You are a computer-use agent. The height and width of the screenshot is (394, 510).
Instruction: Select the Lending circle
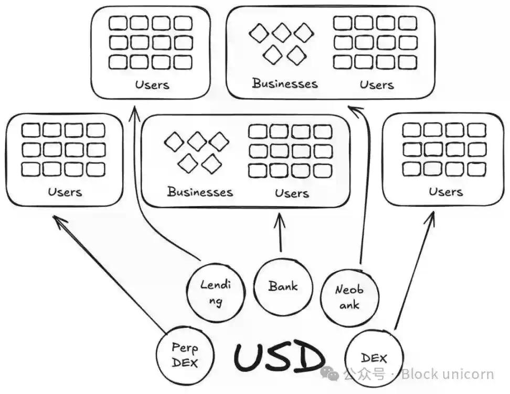click(216, 293)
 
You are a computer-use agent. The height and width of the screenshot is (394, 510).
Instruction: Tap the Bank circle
click(283, 287)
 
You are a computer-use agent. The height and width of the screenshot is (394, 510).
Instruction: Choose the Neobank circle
click(349, 296)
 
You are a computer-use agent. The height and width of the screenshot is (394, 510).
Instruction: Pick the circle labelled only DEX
click(374, 358)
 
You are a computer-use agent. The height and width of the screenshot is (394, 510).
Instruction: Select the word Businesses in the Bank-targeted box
click(200, 192)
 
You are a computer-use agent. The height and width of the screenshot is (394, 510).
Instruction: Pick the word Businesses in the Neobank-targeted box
click(285, 83)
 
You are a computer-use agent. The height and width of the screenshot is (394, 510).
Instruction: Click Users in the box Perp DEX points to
click(65, 192)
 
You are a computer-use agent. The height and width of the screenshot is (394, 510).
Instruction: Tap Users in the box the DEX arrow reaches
click(445, 192)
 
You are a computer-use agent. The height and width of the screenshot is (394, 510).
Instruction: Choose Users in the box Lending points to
click(152, 84)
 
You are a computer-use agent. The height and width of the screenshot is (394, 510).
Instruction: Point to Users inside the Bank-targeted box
click(292, 193)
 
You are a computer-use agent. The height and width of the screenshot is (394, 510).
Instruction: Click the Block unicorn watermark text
click(447, 374)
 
